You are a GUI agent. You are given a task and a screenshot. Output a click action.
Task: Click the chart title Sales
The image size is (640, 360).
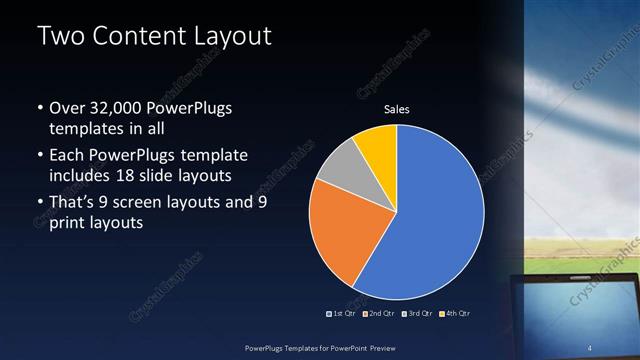point(397,109)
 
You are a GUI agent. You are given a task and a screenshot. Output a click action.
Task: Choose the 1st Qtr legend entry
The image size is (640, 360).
point(343,313)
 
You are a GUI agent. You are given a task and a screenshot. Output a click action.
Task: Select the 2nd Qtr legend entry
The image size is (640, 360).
point(378,313)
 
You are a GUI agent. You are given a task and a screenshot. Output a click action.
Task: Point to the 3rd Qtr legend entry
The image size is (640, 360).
point(415,313)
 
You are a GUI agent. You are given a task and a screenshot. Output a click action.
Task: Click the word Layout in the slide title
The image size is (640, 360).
point(231,37)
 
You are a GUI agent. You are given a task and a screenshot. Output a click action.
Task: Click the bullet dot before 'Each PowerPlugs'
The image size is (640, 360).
point(39,156)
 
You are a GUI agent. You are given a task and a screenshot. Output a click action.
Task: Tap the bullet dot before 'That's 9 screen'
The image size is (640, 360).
point(39,203)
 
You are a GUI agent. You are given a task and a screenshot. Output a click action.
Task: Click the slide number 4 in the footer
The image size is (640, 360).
point(591,348)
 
